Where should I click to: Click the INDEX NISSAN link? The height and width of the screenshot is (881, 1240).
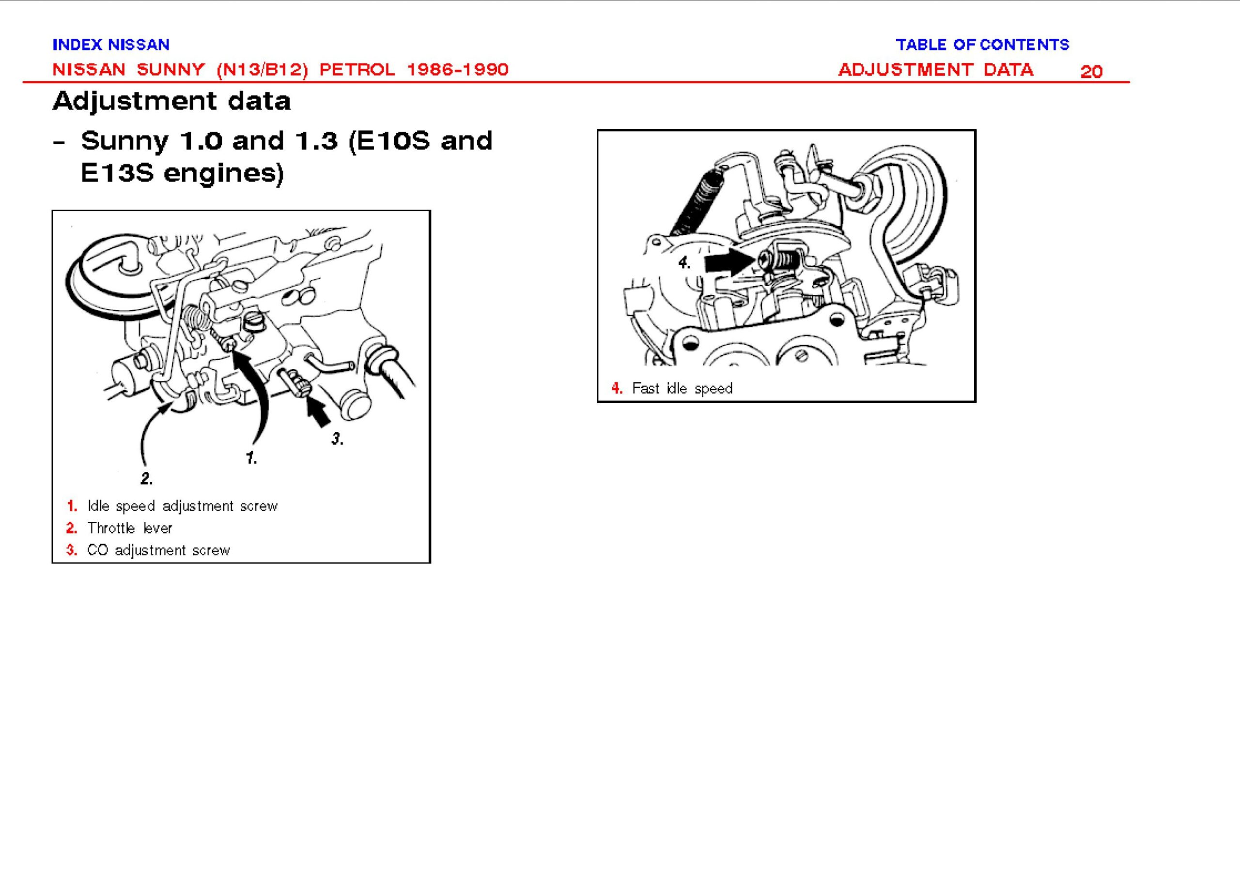click(x=111, y=45)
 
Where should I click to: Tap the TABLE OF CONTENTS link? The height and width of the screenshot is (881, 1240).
click(x=982, y=45)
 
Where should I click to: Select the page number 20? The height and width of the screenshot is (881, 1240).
click(x=1091, y=72)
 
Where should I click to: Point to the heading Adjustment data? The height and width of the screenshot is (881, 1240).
click(x=171, y=101)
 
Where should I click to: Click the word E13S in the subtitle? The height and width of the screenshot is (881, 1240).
click(x=117, y=174)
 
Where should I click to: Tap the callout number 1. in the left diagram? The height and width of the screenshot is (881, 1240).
click(x=251, y=458)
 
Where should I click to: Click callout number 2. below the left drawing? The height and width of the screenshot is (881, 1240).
click(x=146, y=478)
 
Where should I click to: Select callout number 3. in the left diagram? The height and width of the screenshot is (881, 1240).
click(x=337, y=439)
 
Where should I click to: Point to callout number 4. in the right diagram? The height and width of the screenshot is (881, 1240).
click(x=684, y=263)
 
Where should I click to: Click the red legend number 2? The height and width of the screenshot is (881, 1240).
click(x=72, y=528)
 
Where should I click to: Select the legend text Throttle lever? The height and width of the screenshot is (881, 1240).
click(x=130, y=528)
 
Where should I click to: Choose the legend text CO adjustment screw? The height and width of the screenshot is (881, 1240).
click(x=158, y=550)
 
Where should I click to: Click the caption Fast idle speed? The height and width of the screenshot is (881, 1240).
click(x=682, y=388)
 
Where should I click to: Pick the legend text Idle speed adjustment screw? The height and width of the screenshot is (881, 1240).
click(x=182, y=506)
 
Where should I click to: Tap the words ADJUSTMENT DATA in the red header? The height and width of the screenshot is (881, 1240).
click(x=935, y=69)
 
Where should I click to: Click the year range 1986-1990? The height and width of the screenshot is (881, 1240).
click(x=457, y=69)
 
